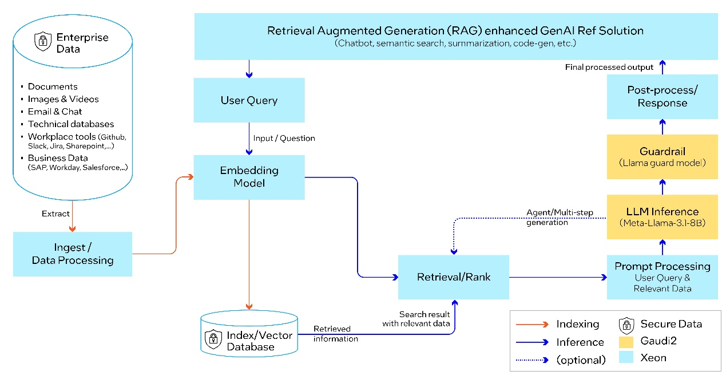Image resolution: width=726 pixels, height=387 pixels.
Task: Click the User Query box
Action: point(249,100)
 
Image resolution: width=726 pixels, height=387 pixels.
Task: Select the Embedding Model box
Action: point(249,177)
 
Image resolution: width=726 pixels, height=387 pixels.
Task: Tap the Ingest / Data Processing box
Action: point(73,254)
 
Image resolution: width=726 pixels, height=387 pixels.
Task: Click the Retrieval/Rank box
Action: point(454,277)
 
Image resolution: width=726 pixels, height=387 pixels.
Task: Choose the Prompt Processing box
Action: point(662,277)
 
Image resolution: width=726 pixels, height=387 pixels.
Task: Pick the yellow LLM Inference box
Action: point(662,217)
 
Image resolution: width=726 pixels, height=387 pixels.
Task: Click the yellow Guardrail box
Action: point(662,157)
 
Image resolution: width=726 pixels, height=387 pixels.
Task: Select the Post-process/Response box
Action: point(662,97)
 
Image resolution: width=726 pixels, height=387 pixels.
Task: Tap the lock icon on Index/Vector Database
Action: point(213,339)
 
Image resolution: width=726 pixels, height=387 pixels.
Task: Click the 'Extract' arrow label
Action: point(55,214)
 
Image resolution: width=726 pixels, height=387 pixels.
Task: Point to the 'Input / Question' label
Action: point(284,138)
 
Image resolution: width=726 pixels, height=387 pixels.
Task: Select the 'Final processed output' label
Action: point(609,67)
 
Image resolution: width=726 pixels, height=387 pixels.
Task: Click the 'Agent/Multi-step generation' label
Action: point(559,218)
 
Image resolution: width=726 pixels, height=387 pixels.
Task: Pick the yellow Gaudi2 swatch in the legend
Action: point(626,342)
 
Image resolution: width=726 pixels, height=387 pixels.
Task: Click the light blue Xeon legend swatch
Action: point(626,358)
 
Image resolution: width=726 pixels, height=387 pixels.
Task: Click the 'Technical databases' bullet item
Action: point(71,124)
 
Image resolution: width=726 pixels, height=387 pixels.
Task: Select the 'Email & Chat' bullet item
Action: point(55,112)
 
